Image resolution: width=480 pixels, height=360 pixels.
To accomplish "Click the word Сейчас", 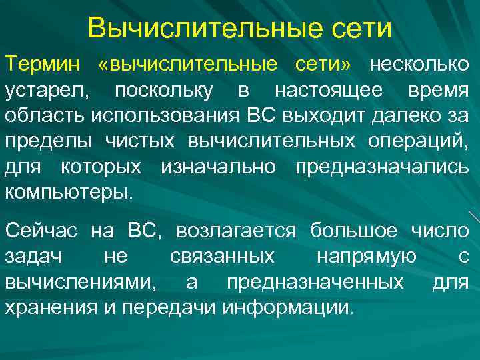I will click(x=41, y=231).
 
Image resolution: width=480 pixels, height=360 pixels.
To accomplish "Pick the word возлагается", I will click(x=236, y=231).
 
